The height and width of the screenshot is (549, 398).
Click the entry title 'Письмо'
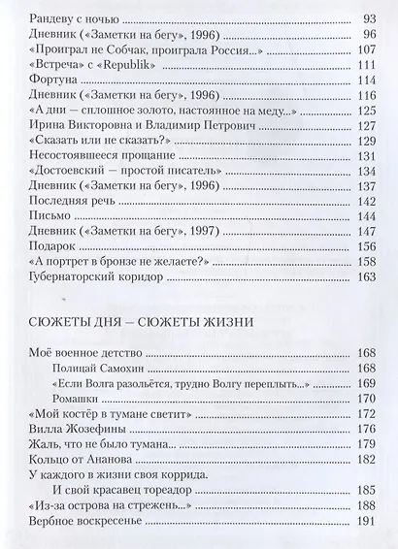[x=42, y=218]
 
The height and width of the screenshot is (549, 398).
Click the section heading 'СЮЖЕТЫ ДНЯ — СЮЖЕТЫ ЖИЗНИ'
[x=133, y=320]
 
